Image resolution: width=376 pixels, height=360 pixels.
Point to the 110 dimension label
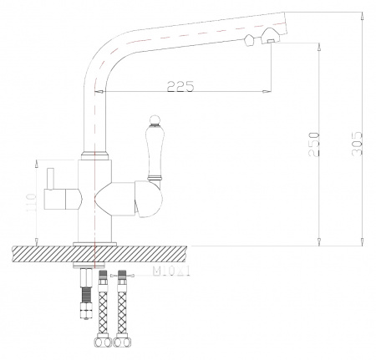click(x=30, y=202)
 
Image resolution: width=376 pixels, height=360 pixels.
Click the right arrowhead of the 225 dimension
click(x=269, y=90)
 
